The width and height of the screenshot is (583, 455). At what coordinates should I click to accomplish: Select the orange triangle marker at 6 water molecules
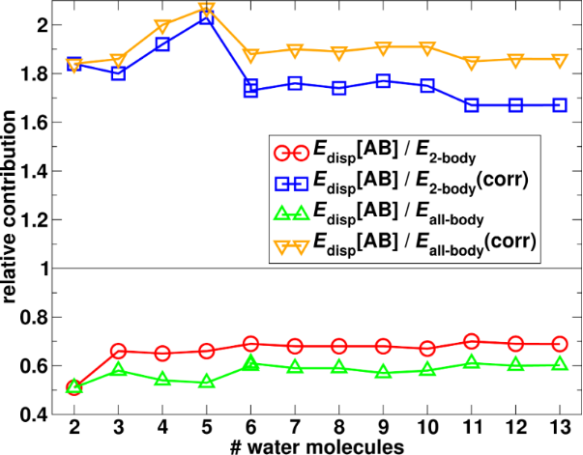point(251,55)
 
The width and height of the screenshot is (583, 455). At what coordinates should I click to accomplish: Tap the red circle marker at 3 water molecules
point(119,351)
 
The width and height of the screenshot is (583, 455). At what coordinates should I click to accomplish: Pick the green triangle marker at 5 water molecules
point(207,382)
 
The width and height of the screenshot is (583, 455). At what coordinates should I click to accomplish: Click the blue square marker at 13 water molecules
point(560,104)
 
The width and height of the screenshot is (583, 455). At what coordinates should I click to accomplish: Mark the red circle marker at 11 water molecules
point(472,341)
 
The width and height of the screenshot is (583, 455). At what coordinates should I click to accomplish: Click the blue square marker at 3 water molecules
point(119,73)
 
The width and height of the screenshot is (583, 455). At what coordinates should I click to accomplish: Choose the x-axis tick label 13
point(560,428)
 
